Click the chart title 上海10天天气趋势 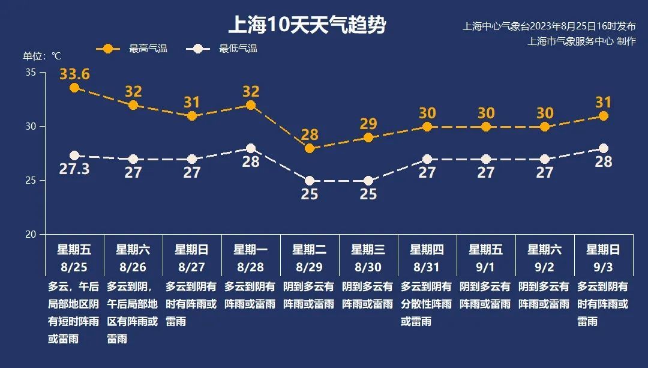pos(307,26)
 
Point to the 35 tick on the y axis pos(31,73)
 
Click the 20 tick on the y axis pos(31,234)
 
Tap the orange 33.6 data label pos(74,74)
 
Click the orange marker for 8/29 pos(310,148)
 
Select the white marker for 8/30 pos(368,181)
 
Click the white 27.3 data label pos(74,169)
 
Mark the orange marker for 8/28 pos(251,105)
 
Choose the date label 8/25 pos(74,266)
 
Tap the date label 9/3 pos(603,266)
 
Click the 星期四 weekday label pos(427,249)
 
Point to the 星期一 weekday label pos(251,249)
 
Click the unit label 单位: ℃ pos(42,56)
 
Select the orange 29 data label pos(368,124)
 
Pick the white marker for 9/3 pos(604,148)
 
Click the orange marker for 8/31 pos(427,127)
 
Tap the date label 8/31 pos(427,266)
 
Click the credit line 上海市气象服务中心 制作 pos(581,41)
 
